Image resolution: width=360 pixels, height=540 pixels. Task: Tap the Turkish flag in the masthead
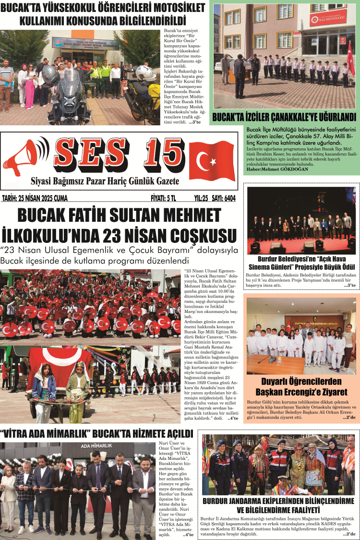pos(211,160)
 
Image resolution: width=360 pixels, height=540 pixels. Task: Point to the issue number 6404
pos(225,198)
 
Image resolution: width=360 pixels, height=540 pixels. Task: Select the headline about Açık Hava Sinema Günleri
pos(301,263)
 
